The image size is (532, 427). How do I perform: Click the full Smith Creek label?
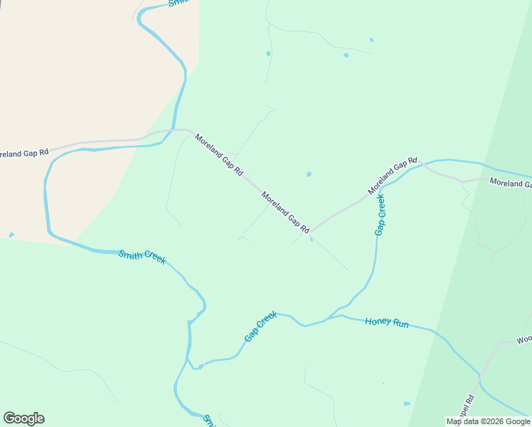pos(142,257)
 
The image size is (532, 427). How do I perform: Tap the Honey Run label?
pos(387,322)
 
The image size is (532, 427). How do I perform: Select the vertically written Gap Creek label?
pos(381,214)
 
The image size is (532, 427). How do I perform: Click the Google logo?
pos(23,418)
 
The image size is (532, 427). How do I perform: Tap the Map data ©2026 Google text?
pos(489,422)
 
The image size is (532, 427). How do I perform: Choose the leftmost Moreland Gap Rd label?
pos(24,152)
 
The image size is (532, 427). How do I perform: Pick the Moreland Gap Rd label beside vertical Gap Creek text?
pos(392,176)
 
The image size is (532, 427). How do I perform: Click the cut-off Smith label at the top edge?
pos(178,4)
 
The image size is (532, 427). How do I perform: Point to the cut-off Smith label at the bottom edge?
pos(210,421)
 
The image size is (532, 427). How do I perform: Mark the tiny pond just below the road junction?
pos(312,239)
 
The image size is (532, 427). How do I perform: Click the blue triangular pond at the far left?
pos(11,234)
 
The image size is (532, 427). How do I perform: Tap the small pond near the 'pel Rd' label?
pos(407,404)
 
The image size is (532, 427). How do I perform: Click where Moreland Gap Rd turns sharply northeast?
pos(311,232)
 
